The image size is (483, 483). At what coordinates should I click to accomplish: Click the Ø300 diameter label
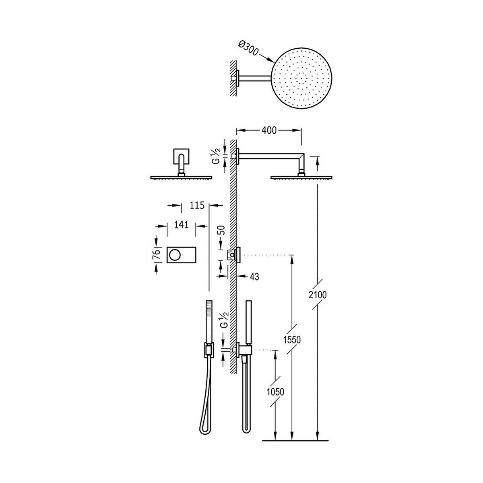point(248,50)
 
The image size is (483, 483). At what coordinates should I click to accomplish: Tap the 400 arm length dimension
point(269,130)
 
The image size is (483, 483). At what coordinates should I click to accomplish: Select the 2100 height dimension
point(318,295)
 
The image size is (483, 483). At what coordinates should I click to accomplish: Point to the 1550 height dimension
point(292,340)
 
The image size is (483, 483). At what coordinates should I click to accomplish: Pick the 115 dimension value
point(197,205)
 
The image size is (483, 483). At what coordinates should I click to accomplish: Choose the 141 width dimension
point(181,225)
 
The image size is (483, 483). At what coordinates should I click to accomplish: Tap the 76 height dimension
point(157,255)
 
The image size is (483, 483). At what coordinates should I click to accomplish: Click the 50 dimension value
point(222,230)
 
